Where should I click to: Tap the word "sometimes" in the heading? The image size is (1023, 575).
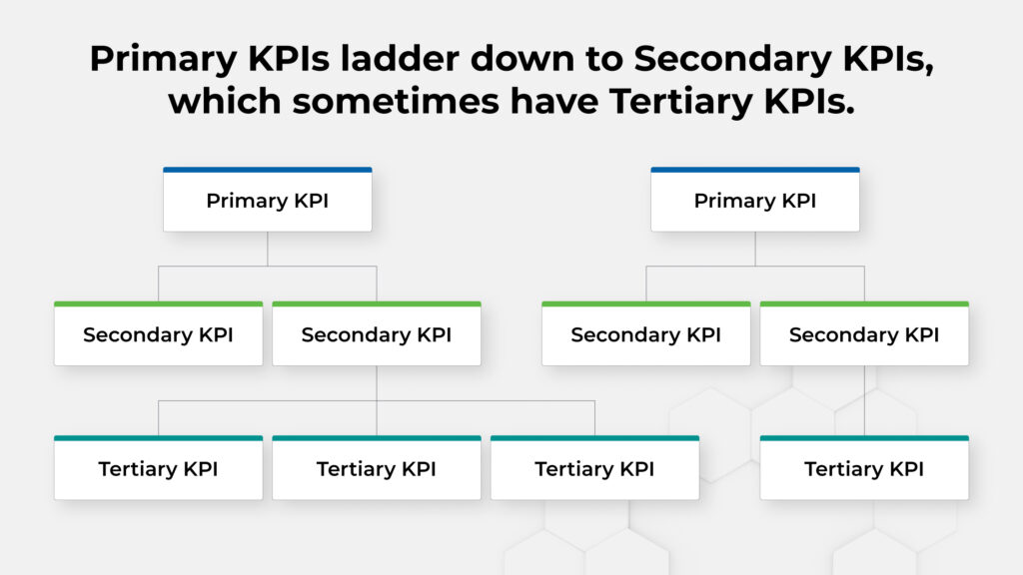point(396,102)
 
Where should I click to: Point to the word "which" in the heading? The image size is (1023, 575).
point(225,102)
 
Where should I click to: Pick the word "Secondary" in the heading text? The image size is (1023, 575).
point(732,60)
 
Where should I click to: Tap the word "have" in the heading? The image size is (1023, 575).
point(554,102)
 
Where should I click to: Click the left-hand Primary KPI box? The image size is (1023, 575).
point(268,200)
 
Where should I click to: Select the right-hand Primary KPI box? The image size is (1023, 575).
point(755,200)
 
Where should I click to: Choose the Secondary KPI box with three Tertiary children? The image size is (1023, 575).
point(377,333)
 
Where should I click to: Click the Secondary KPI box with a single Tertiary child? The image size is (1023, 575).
point(864,333)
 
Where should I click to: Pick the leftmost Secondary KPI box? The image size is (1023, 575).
point(159,333)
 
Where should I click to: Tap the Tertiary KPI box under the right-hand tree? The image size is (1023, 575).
point(864,467)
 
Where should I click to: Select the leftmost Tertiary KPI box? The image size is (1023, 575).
point(159,467)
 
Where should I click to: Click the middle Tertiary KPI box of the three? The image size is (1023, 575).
point(377,467)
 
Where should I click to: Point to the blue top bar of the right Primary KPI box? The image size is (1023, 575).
point(755,170)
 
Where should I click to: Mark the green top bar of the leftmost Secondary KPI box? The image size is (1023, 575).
point(159,303)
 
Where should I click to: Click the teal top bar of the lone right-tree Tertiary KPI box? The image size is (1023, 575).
point(864,438)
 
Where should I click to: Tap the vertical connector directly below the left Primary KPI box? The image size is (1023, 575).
point(268,249)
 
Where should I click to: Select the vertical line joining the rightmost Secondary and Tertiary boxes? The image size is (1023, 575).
point(864,400)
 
